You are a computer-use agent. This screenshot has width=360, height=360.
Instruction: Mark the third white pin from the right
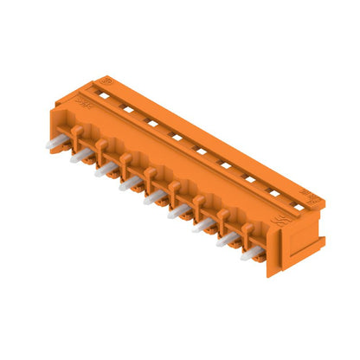203,227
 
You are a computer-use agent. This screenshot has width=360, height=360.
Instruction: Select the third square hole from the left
151,123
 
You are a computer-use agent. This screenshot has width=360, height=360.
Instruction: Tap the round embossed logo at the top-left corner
109,80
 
